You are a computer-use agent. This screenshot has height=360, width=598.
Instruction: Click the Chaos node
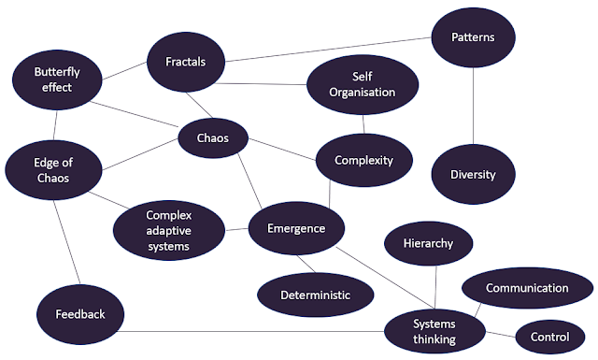click(213, 137)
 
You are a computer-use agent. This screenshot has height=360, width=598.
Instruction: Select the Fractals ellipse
click(186, 62)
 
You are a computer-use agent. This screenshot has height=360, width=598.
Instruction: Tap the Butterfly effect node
click(57, 79)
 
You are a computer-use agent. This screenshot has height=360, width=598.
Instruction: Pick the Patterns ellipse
click(474, 37)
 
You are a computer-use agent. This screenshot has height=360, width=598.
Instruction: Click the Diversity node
click(474, 175)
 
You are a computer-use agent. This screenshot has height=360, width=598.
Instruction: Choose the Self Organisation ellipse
click(363, 85)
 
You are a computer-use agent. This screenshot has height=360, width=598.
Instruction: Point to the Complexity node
click(364, 160)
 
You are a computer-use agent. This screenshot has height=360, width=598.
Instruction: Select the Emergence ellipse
click(296, 228)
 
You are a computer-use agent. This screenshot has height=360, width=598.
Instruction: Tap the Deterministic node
click(316, 295)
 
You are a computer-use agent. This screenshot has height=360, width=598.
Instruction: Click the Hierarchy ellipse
click(428, 243)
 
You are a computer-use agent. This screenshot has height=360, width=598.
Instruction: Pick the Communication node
click(527, 288)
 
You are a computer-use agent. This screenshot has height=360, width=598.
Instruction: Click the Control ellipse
click(550, 338)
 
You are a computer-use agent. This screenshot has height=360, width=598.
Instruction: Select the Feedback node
click(80, 314)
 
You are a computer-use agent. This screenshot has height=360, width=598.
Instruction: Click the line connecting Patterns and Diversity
click(474, 106)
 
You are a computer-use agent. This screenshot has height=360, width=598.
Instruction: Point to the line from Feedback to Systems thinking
click(250, 331)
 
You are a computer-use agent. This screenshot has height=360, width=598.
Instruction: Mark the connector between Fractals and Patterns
click(328, 50)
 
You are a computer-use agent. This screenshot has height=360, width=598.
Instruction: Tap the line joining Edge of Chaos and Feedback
click(67, 242)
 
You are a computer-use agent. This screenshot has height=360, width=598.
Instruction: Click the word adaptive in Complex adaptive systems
click(168, 231)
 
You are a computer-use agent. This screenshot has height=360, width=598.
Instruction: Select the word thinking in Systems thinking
click(434, 339)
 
